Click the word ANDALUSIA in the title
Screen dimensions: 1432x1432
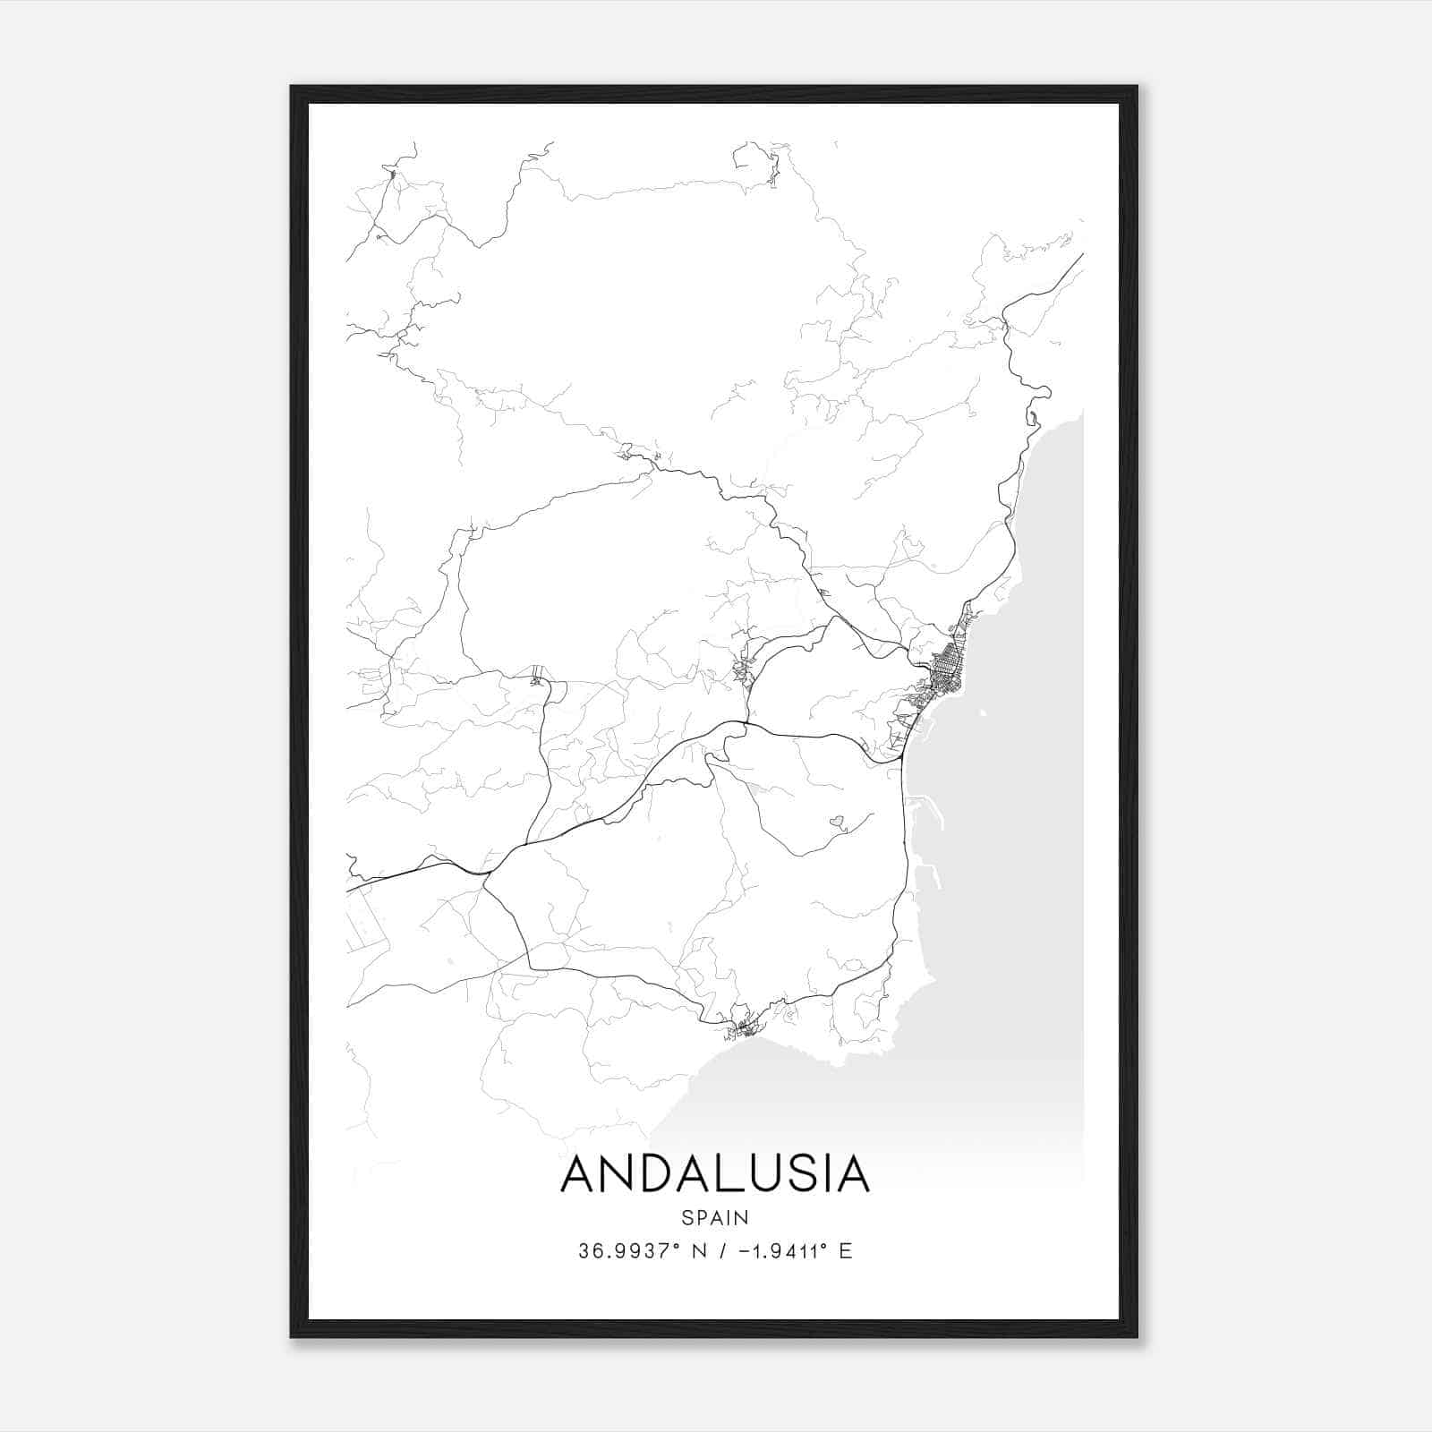click(x=715, y=1173)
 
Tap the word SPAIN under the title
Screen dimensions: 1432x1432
click(x=715, y=1217)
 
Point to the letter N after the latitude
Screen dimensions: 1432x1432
click(x=699, y=1250)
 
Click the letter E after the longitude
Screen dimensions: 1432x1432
click(x=846, y=1250)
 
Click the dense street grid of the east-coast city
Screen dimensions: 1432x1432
click(x=945, y=668)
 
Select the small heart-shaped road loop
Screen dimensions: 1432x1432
click(x=839, y=820)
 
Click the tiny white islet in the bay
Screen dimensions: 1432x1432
click(x=983, y=713)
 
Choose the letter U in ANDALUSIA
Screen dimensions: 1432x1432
click(x=771, y=1173)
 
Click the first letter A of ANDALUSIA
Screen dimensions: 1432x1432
click(x=578, y=1173)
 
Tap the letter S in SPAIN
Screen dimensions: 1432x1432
click(x=686, y=1217)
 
